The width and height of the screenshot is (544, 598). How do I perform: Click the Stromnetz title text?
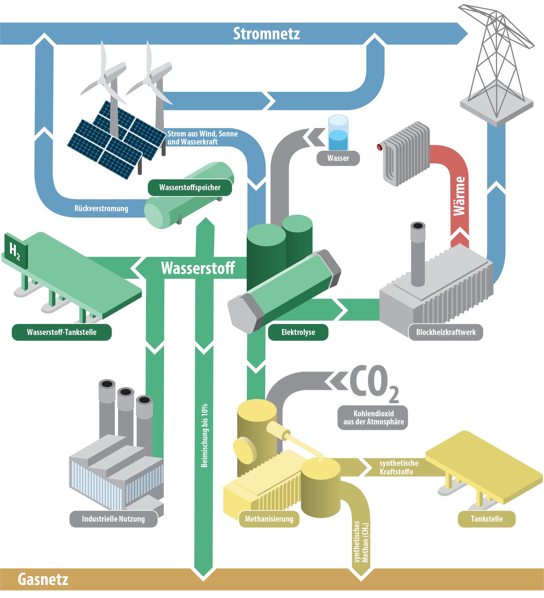click(x=266, y=34)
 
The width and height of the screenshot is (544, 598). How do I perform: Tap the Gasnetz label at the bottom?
click(x=43, y=579)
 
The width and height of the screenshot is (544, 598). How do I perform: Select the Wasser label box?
click(x=338, y=158)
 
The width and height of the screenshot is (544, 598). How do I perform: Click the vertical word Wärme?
click(x=459, y=196)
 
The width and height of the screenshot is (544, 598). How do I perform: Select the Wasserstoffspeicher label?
click(x=190, y=187)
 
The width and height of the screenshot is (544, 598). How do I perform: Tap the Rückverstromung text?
click(x=101, y=208)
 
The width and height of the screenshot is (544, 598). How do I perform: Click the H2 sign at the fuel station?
click(x=15, y=251)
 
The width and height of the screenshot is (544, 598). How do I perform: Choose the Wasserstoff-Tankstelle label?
click(x=62, y=332)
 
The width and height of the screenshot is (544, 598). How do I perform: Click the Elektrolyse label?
click(x=298, y=332)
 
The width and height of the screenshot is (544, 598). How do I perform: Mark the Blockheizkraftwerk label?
click(x=446, y=332)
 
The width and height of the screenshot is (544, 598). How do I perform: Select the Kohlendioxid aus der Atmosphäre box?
click(x=373, y=418)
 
